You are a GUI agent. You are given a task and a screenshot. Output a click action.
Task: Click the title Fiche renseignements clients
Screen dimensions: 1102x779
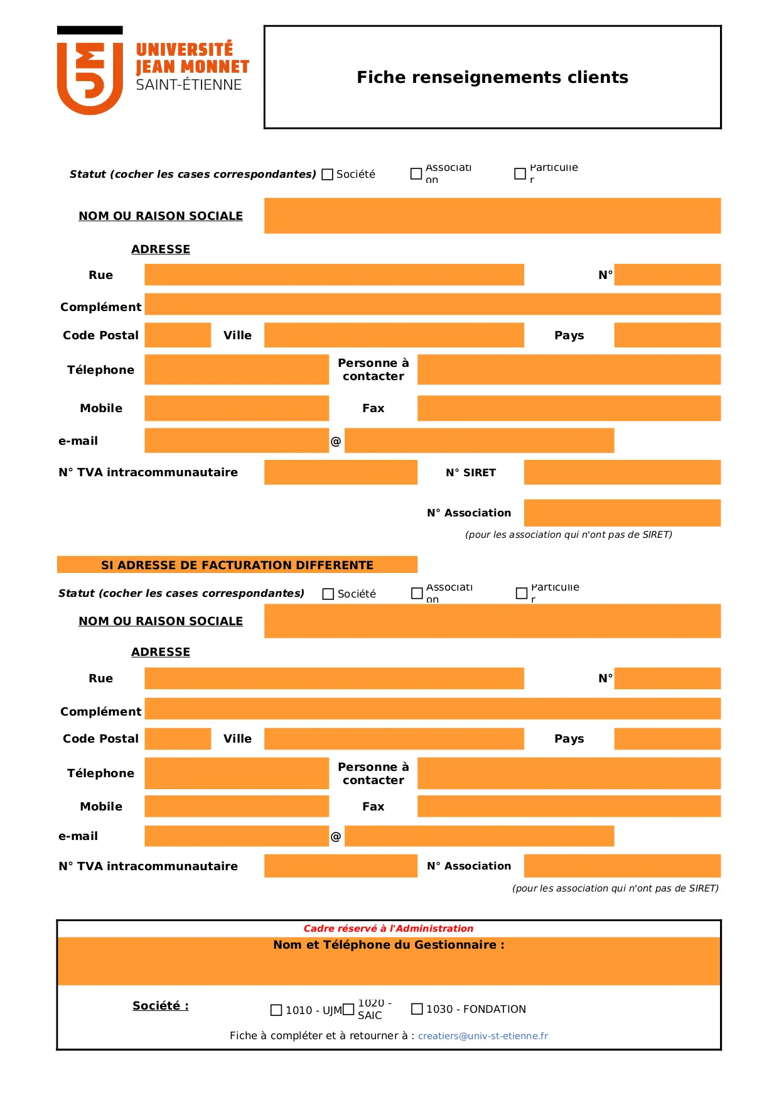point(492,77)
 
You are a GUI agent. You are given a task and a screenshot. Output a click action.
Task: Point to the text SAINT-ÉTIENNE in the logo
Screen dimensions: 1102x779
point(188,85)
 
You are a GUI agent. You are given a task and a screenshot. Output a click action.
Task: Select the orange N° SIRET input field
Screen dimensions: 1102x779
point(621,472)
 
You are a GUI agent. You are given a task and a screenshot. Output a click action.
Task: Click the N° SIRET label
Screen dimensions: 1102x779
point(470,472)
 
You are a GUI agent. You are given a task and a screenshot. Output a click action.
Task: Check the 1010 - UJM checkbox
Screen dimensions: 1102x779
point(276,1010)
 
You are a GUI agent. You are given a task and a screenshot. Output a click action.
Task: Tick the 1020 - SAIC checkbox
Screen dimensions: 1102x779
point(348,1010)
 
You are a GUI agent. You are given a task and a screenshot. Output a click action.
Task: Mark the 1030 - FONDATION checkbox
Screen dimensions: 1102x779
point(417,1009)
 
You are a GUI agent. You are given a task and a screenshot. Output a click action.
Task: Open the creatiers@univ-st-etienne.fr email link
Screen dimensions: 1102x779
point(483,1036)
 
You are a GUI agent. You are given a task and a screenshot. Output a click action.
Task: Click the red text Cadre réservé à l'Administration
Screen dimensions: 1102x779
point(388,929)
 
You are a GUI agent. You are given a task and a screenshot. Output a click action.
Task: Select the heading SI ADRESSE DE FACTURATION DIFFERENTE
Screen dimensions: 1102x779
point(237,565)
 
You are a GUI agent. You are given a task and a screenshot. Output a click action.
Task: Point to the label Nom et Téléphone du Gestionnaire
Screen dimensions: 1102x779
point(388,945)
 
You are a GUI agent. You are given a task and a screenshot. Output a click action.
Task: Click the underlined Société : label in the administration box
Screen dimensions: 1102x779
point(160,1006)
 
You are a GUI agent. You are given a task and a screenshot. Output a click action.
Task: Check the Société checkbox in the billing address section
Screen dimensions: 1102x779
point(328,594)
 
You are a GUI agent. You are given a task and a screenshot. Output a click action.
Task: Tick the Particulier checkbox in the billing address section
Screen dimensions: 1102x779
point(521,593)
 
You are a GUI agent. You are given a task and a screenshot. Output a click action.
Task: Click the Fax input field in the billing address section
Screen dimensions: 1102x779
point(568,806)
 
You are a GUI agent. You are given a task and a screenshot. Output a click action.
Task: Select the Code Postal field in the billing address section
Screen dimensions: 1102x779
point(178,739)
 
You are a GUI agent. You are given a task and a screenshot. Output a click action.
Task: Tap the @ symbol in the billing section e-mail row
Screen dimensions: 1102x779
point(336,836)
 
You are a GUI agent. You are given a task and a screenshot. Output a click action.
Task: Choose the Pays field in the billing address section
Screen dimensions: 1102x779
point(667,739)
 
